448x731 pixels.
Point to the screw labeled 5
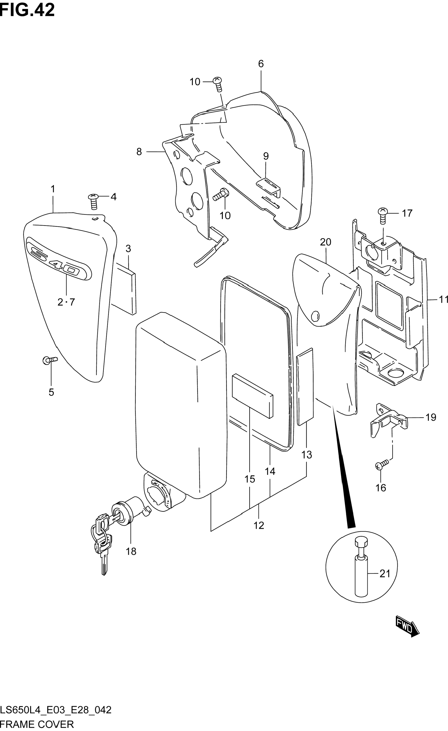(50, 361)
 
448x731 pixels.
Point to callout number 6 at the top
(261, 64)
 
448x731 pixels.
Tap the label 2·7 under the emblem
(66, 302)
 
